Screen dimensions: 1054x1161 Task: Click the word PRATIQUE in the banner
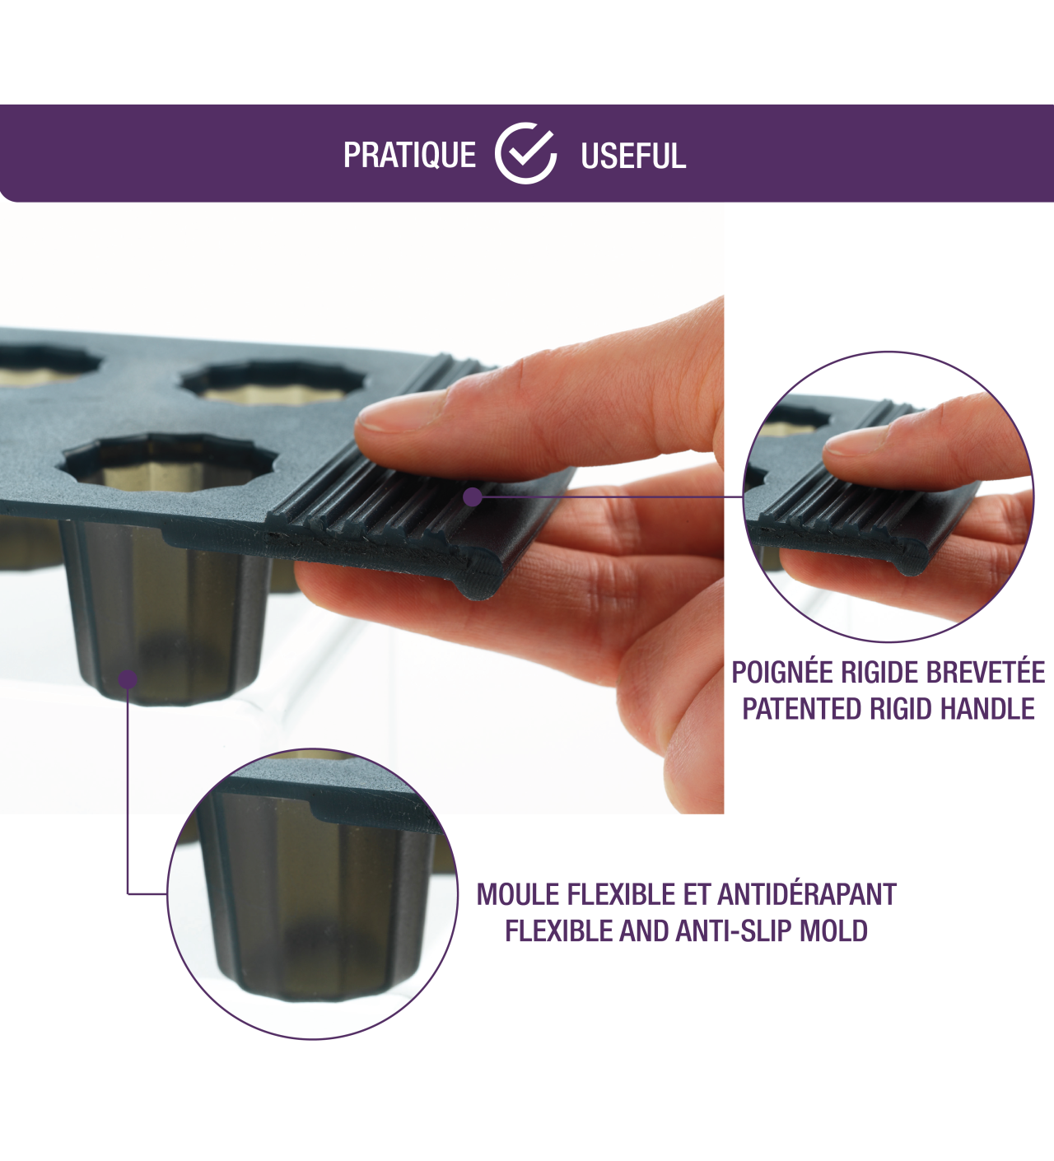[x=409, y=155]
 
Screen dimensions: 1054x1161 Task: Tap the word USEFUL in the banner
[x=633, y=156]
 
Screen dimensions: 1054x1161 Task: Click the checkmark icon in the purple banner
[x=525, y=153]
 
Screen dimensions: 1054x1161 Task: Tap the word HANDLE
[x=986, y=709]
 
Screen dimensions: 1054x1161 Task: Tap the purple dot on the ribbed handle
[x=473, y=497]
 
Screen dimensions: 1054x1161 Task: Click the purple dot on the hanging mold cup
[x=128, y=678]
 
